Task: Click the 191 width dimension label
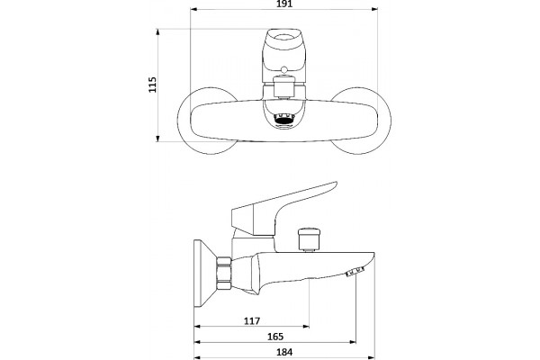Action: [x=284, y=4]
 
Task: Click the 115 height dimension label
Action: [x=152, y=85]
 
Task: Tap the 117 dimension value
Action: [x=252, y=321]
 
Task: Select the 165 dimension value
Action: [x=275, y=337]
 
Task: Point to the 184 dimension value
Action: [x=284, y=352]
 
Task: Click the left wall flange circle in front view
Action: [x=177, y=121]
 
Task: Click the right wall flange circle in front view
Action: [x=391, y=121]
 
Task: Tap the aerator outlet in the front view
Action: [x=283, y=120]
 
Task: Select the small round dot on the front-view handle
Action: [x=283, y=70]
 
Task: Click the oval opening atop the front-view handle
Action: [x=283, y=35]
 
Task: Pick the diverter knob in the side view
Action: [x=310, y=238]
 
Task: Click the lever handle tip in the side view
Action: [x=335, y=184]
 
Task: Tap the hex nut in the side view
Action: [x=224, y=274]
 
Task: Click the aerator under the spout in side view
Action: [x=355, y=272]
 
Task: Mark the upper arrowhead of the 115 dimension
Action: [x=157, y=32]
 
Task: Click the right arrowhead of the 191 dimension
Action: [x=374, y=9]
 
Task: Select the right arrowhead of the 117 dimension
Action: [x=306, y=326]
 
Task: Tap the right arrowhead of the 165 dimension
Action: [x=352, y=342]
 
